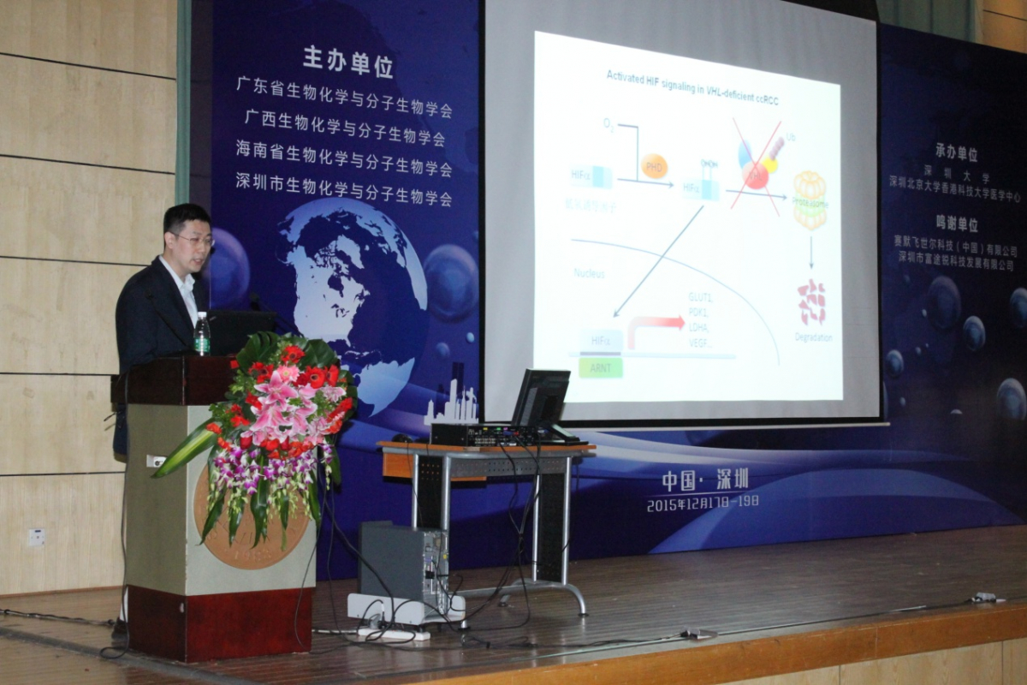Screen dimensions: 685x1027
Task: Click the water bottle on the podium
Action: pos(202,334)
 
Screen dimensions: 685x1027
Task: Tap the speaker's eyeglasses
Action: pos(193,240)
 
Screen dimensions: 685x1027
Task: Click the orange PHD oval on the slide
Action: pos(654,165)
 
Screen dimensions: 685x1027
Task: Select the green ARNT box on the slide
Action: pos(600,367)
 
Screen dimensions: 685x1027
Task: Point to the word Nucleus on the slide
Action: pos(589,273)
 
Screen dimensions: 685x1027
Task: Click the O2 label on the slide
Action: pos(608,125)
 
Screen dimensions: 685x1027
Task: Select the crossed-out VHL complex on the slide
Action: pos(757,163)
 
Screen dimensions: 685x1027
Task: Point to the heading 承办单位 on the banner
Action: pos(956,154)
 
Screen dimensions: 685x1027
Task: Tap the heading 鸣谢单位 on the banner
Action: pos(956,224)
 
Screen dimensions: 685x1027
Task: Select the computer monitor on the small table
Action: pos(541,398)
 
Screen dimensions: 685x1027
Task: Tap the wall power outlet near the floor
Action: pos(36,537)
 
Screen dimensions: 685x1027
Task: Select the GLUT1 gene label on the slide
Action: pos(701,296)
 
